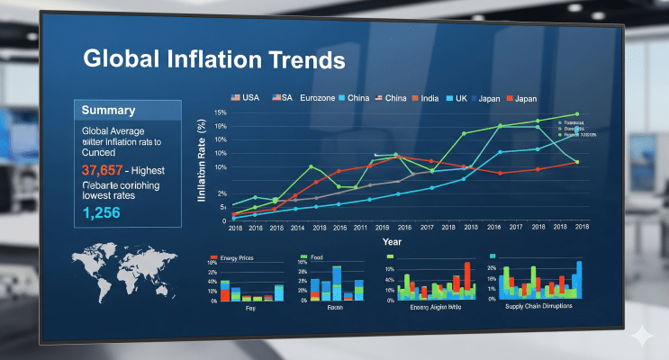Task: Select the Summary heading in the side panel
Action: click(108, 111)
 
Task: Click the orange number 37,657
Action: click(102, 169)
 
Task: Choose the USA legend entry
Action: click(246, 97)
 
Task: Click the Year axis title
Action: click(392, 242)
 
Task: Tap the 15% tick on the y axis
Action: click(221, 112)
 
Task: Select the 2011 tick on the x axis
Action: click(359, 229)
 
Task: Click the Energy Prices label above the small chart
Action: click(231, 258)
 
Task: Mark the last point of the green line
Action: click(576, 114)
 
